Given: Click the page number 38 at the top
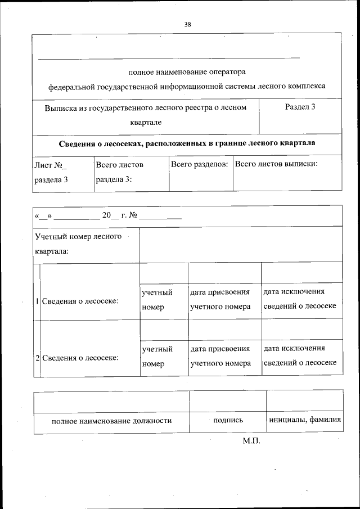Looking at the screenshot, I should [x=187, y=24].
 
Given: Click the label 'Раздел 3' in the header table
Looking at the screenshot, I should [x=300, y=107].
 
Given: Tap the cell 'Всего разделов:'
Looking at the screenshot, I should [x=199, y=164].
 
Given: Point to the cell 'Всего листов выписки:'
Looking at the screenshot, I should [x=276, y=164].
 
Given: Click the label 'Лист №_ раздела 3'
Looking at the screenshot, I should [x=51, y=172].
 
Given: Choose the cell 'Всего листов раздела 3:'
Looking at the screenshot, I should [x=119, y=172].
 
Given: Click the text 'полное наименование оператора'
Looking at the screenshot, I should [x=187, y=72].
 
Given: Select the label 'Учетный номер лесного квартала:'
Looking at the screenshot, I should [x=78, y=244].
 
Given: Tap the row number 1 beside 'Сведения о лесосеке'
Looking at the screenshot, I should [x=37, y=301].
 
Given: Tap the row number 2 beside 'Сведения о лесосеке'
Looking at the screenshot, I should [x=37, y=358].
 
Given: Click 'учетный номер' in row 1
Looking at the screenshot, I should [x=157, y=300].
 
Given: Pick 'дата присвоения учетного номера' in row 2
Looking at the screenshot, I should [x=220, y=356].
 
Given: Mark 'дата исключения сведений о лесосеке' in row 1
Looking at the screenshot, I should [x=300, y=299].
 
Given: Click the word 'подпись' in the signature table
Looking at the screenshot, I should [x=228, y=420].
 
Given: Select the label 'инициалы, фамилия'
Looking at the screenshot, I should [x=305, y=420].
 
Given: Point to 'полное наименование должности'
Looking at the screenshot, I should [x=111, y=420].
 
